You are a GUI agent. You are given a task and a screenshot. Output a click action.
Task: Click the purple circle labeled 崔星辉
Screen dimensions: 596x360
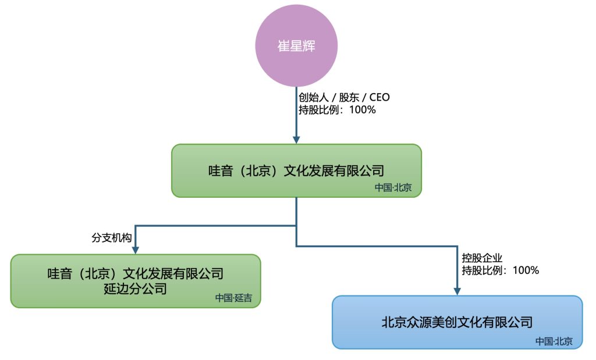tap(296, 45)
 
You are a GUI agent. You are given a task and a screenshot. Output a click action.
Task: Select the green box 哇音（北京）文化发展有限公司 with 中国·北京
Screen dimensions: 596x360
tap(296, 170)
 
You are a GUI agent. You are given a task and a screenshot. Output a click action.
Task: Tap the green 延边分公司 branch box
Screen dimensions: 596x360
tap(136, 281)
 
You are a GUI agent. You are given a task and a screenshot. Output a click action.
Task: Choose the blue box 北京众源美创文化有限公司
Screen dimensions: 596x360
tap(457, 322)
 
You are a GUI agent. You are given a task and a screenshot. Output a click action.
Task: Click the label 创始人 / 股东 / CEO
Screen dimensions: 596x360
tap(344, 97)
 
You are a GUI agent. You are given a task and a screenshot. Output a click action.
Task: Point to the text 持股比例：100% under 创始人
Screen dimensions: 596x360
tap(337, 110)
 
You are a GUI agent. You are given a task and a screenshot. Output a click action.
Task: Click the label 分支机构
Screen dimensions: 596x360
tap(111, 238)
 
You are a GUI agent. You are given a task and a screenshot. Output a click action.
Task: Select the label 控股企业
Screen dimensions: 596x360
tap(482, 258)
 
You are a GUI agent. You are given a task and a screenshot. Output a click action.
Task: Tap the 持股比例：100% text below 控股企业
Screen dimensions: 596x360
tap(500, 270)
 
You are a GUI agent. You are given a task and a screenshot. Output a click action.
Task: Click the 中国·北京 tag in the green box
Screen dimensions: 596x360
tap(393, 188)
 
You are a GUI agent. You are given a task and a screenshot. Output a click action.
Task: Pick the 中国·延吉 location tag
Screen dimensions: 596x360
tap(233, 298)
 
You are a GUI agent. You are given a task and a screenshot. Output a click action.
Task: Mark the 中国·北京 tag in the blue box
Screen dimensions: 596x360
tap(554, 341)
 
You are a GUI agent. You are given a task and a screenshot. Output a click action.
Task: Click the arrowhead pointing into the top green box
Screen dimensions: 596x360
tap(296, 140)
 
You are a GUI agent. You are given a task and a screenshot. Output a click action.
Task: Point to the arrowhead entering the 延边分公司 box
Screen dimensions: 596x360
tap(135, 250)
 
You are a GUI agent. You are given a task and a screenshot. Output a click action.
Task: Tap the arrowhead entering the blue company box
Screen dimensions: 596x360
tap(457, 291)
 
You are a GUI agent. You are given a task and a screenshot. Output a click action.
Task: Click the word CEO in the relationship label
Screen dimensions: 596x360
tap(379, 97)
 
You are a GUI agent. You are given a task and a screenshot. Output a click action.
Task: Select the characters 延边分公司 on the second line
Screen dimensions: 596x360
tap(135, 289)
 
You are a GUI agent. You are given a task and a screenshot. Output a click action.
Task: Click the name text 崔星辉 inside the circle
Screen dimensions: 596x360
tap(296, 46)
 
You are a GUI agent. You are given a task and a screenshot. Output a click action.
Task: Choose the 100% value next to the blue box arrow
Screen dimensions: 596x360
tap(526, 270)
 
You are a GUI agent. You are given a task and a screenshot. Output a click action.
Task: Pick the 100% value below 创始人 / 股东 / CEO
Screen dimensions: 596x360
tap(363, 110)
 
